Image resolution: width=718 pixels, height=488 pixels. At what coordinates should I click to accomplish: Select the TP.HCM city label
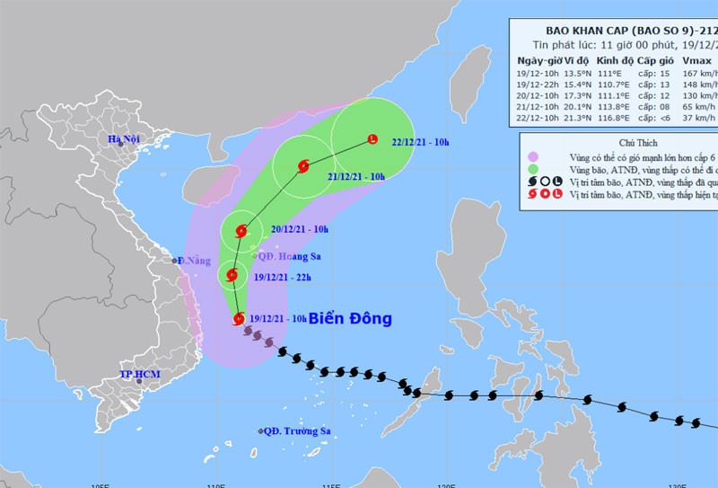[x=138, y=374]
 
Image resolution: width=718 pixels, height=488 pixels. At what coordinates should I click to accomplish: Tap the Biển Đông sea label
[x=350, y=319]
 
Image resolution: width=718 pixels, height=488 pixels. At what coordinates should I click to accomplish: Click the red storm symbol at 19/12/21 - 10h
[x=239, y=318]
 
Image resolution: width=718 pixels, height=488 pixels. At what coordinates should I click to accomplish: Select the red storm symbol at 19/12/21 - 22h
[x=232, y=276]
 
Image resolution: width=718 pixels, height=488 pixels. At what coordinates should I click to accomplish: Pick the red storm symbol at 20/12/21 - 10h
[x=241, y=231]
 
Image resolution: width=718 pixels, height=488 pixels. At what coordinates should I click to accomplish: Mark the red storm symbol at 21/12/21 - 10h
[x=302, y=165]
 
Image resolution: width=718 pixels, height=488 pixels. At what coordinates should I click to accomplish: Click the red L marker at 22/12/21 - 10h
[x=372, y=138]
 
